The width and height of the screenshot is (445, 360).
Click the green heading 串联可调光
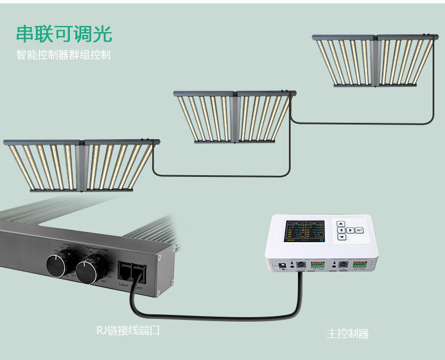pos(64,33)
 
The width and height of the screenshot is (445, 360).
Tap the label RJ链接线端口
pos(128,331)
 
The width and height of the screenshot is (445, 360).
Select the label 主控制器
pos(348,334)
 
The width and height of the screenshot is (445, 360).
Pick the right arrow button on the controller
pos(350,230)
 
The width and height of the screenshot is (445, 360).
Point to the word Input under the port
pos(123,286)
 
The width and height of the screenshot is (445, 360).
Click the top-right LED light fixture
pos(373,61)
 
